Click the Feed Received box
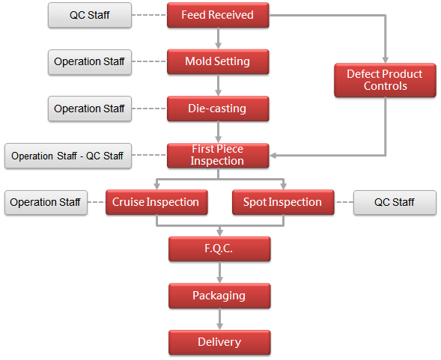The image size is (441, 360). [218, 15]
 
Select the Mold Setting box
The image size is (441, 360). [218, 61]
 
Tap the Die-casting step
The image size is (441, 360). [218, 109]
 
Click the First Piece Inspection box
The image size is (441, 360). [218, 156]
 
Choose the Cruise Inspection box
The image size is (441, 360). [156, 202]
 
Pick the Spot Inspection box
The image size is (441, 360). [283, 202]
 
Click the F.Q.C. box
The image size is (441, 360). [219, 249]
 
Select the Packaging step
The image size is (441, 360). [219, 296]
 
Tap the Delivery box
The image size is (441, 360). [219, 342]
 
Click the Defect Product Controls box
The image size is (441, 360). [386, 80]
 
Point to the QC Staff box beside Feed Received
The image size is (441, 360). [90, 15]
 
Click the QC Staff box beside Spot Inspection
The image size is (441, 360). [395, 203]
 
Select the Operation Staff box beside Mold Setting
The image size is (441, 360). [90, 62]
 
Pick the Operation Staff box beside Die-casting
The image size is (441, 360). [90, 109]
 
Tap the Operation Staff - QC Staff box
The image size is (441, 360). [68, 156]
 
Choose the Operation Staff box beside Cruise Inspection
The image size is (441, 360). [46, 203]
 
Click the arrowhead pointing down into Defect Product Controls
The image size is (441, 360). [386, 60]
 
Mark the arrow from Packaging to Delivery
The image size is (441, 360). [219, 320]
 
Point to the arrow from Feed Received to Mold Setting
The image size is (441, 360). [218, 38]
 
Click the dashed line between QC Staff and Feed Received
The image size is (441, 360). [149, 15]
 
